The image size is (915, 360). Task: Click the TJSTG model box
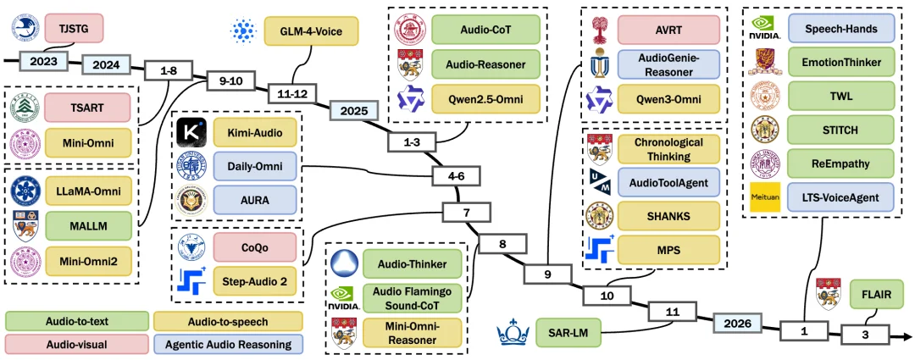[74, 28]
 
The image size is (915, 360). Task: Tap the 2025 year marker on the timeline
[353, 109]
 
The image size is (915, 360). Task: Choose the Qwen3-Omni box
[668, 98]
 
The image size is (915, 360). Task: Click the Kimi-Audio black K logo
[192, 133]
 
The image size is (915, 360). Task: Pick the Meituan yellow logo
[764, 197]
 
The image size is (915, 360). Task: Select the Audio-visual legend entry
[76, 344]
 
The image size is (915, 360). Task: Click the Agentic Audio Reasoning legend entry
[228, 344]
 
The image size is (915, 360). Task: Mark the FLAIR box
[874, 295]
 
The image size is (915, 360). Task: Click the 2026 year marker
[739, 323]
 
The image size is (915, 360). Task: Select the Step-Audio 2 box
[255, 281]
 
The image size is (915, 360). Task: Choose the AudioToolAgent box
[668, 183]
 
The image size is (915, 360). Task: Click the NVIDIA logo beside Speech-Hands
[765, 27]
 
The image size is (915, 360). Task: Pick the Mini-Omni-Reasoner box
[412, 333]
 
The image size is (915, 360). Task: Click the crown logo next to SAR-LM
[513, 332]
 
